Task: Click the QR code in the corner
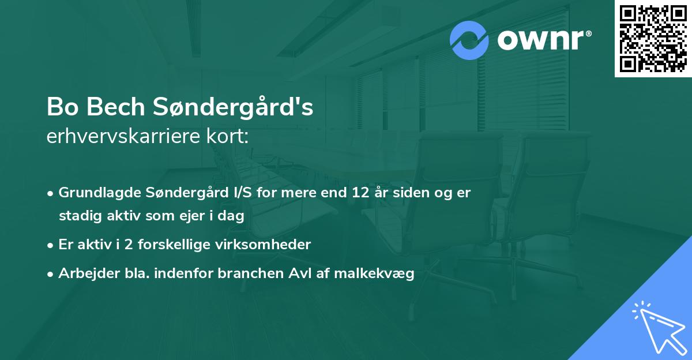coord(653,38)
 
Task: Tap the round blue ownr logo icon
coord(469,40)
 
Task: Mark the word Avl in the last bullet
coord(296,274)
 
